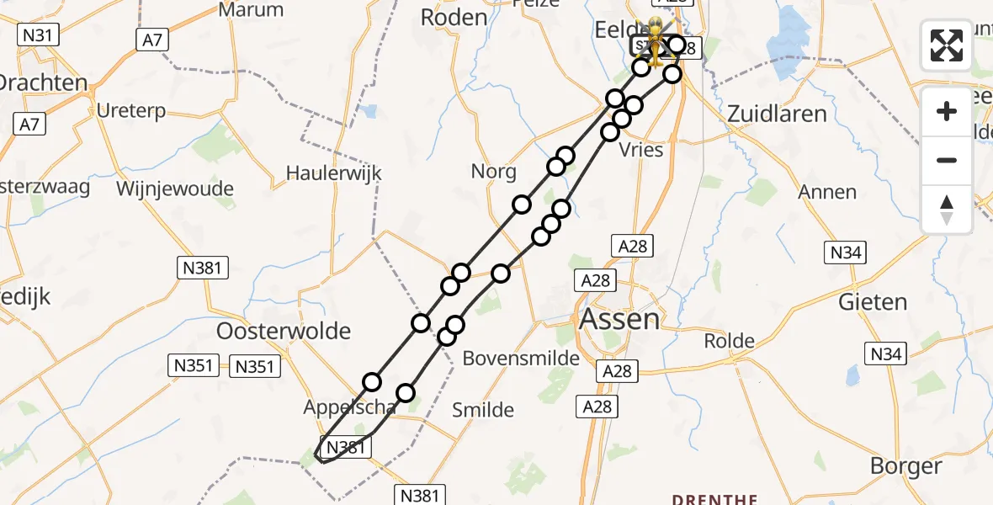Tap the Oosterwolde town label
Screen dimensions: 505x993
point(284,331)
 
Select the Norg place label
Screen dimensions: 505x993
point(494,172)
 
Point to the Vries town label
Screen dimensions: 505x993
point(640,150)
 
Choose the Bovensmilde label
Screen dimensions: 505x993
point(522,359)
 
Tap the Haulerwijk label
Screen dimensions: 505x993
point(333,173)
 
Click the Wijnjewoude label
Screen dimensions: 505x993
point(176,189)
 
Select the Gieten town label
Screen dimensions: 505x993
point(872,302)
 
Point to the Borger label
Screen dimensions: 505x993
point(905,466)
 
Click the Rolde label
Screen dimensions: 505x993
point(729,341)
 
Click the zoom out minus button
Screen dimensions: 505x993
point(947,160)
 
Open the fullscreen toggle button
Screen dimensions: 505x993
point(947,45)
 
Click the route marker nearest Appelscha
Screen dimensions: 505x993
point(372,382)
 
